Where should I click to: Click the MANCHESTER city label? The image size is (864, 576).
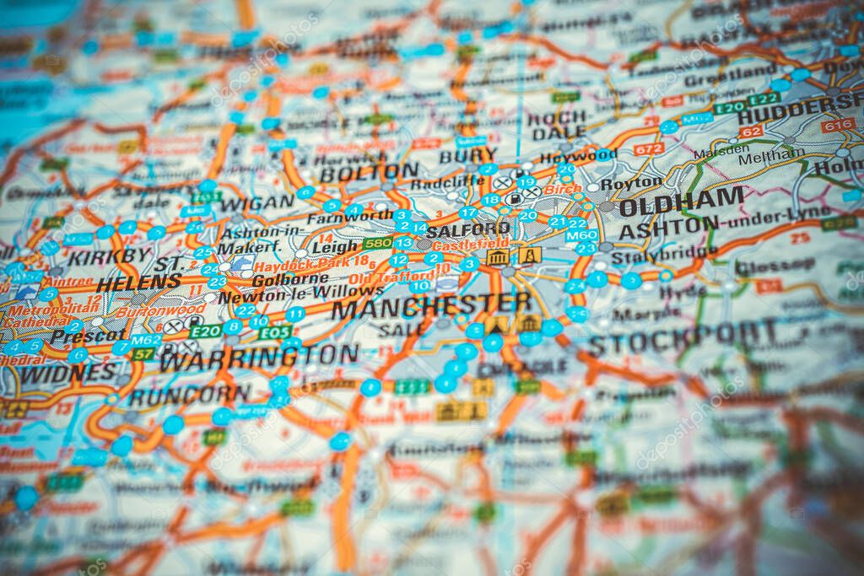coord(431,304)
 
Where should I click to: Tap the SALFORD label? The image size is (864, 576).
coord(467,229)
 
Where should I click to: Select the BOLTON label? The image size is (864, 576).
coord(369,172)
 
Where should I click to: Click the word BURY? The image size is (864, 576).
coord(467,155)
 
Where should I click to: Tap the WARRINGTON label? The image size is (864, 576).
coord(259,356)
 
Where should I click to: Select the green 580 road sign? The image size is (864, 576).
coord(376,244)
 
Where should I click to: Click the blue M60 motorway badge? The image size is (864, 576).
coord(581,235)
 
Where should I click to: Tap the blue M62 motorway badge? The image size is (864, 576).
coord(146,340)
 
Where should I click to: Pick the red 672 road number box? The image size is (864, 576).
coord(648,148)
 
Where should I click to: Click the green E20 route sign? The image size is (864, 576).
coord(205,331)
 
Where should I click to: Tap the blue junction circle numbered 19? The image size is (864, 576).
coord(526,181)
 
